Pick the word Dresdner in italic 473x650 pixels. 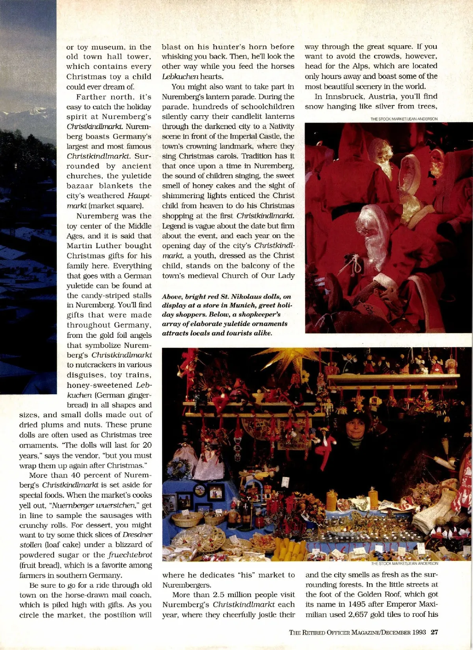pos(137,535)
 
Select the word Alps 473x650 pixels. pos(361,66)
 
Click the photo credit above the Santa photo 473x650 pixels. pos(404,119)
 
